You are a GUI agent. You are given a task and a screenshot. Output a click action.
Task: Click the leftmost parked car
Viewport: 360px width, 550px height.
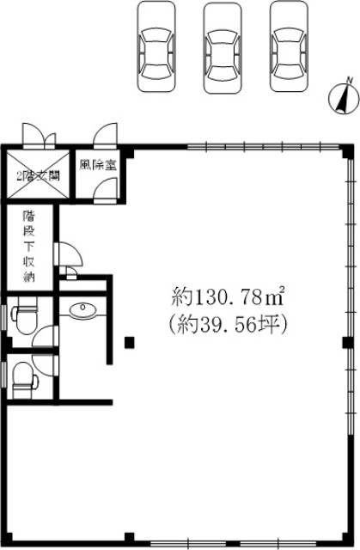(156, 46)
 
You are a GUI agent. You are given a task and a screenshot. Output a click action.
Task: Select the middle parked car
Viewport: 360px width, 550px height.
(223, 48)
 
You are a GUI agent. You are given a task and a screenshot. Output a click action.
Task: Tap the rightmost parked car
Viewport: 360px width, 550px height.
(290, 46)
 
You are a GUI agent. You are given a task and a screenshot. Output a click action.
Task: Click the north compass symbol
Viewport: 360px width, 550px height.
(344, 97)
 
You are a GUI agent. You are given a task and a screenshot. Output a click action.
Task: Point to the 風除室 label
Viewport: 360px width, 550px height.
(98, 165)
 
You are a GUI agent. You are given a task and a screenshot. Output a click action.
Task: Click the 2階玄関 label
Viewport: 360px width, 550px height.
(38, 175)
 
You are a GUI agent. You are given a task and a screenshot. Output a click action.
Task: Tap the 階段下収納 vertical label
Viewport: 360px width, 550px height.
(28, 247)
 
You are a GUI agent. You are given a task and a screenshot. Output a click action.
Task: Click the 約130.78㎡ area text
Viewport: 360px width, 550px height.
(228, 297)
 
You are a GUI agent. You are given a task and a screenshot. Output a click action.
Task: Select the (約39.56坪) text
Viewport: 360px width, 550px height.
(228, 324)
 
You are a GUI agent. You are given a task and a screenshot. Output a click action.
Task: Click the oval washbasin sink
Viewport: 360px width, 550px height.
(82, 309)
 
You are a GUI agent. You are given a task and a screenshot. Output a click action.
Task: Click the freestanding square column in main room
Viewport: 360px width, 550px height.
(130, 342)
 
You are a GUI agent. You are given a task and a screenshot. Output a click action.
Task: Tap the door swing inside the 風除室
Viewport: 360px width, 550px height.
(106, 190)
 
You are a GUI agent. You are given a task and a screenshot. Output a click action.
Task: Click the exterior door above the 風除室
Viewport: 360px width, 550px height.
(106, 134)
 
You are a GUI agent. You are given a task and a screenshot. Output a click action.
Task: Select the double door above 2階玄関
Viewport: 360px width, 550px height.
(39, 135)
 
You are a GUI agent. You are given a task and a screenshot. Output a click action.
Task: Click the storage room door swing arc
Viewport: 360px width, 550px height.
(69, 254)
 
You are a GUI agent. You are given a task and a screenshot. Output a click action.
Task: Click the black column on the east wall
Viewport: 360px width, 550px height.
(348, 342)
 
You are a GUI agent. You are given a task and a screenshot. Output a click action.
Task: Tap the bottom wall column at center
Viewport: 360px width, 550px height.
(130, 539)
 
